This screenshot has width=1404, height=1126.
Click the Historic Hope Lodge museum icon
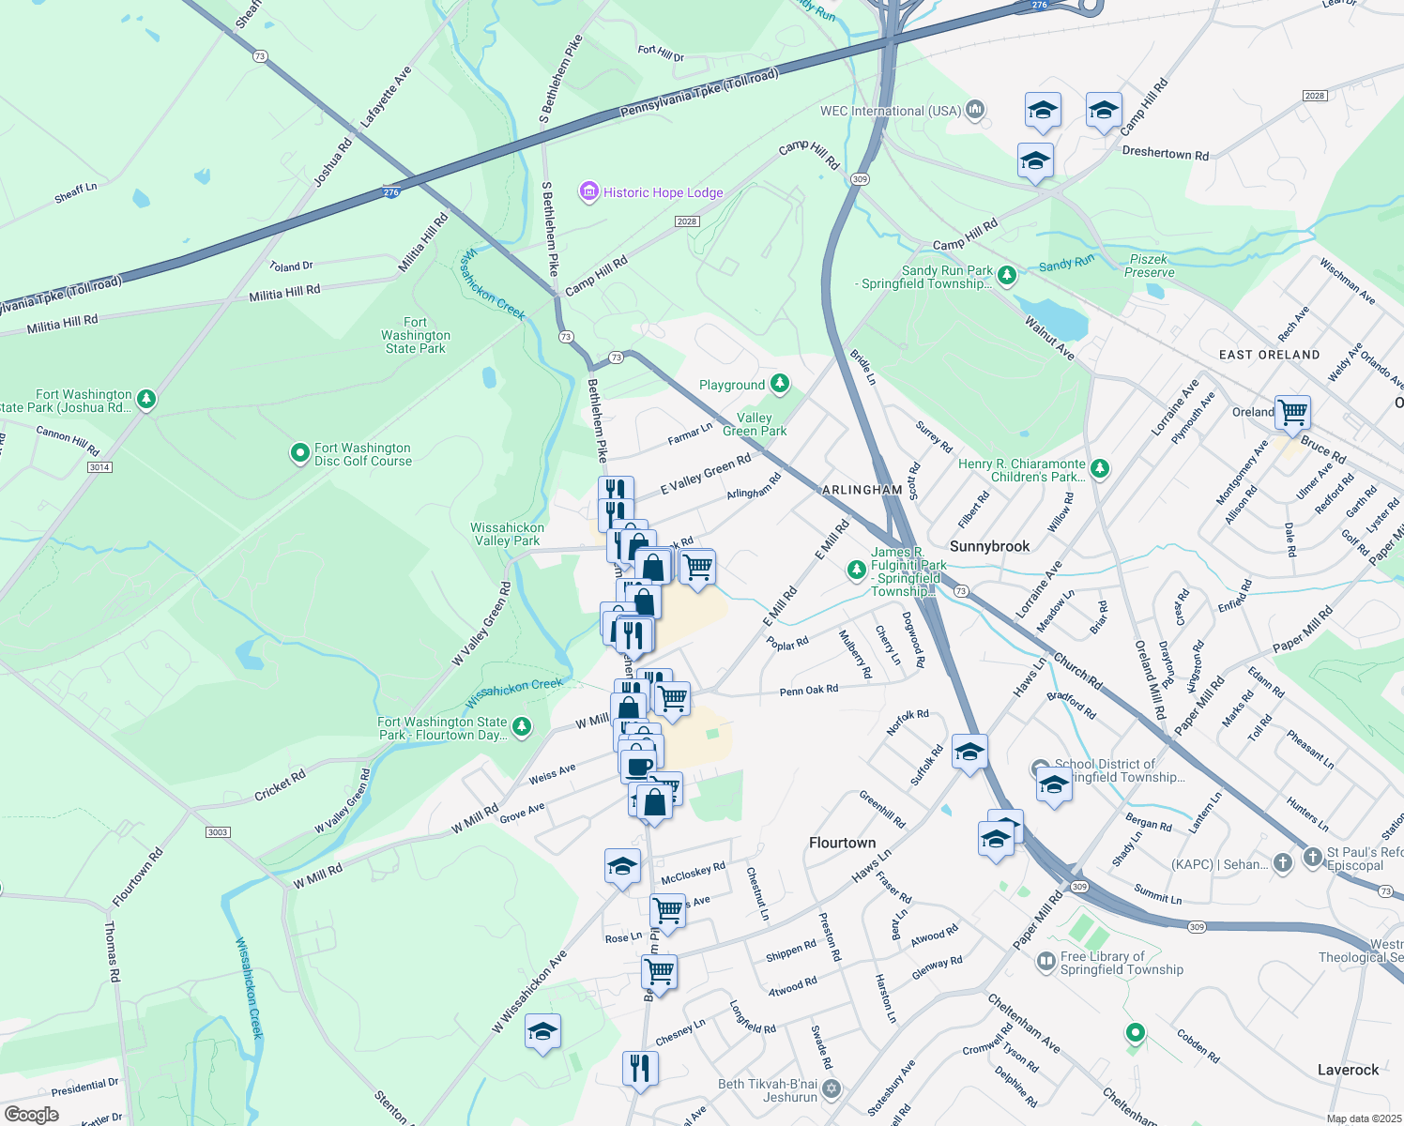pyautogui.click(x=589, y=192)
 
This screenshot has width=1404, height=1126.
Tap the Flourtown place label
pyautogui.click(x=842, y=843)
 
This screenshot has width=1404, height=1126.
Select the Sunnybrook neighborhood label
pyautogui.click(x=989, y=546)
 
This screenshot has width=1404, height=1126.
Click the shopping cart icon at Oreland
pyautogui.click(x=1292, y=411)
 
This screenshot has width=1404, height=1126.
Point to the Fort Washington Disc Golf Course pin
pyautogui.click(x=299, y=454)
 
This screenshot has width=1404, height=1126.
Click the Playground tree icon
pyautogui.click(x=779, y=384)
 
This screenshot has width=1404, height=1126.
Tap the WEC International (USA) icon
pyautogui.click(x=975, y=111)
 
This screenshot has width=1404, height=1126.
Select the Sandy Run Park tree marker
pyautogui.click(x=1007, y=276)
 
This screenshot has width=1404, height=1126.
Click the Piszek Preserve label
pyautogui.click(x=1149, y=266)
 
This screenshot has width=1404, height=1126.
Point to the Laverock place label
pyautogui.click(x=1348, y=1070)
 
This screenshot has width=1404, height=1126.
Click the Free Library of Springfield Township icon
pyautogui.click(x=1045, y=962)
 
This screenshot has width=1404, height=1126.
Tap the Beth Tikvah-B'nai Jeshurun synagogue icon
pyautogui.click(x=832, y=1089)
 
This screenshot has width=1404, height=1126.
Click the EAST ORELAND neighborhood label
pyautogui.click(x=1269, y=355)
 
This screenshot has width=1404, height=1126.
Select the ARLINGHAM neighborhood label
pyautogui.click(x=862, y=490)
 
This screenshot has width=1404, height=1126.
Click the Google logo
pyautogui.click(x=31, y=1115)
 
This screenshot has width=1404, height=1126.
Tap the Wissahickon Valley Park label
pyautogui.click(x=507, y=534)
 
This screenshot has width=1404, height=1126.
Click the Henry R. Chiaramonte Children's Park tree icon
pyautogui.click(x=1100, y=468)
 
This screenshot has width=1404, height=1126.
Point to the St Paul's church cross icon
pyautogui.click(x=1312, y=857)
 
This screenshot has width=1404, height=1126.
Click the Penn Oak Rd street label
pyautogui.click(x=808, y=691)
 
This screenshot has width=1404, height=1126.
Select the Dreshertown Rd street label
pyautogui.click(x=1165, y=154)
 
